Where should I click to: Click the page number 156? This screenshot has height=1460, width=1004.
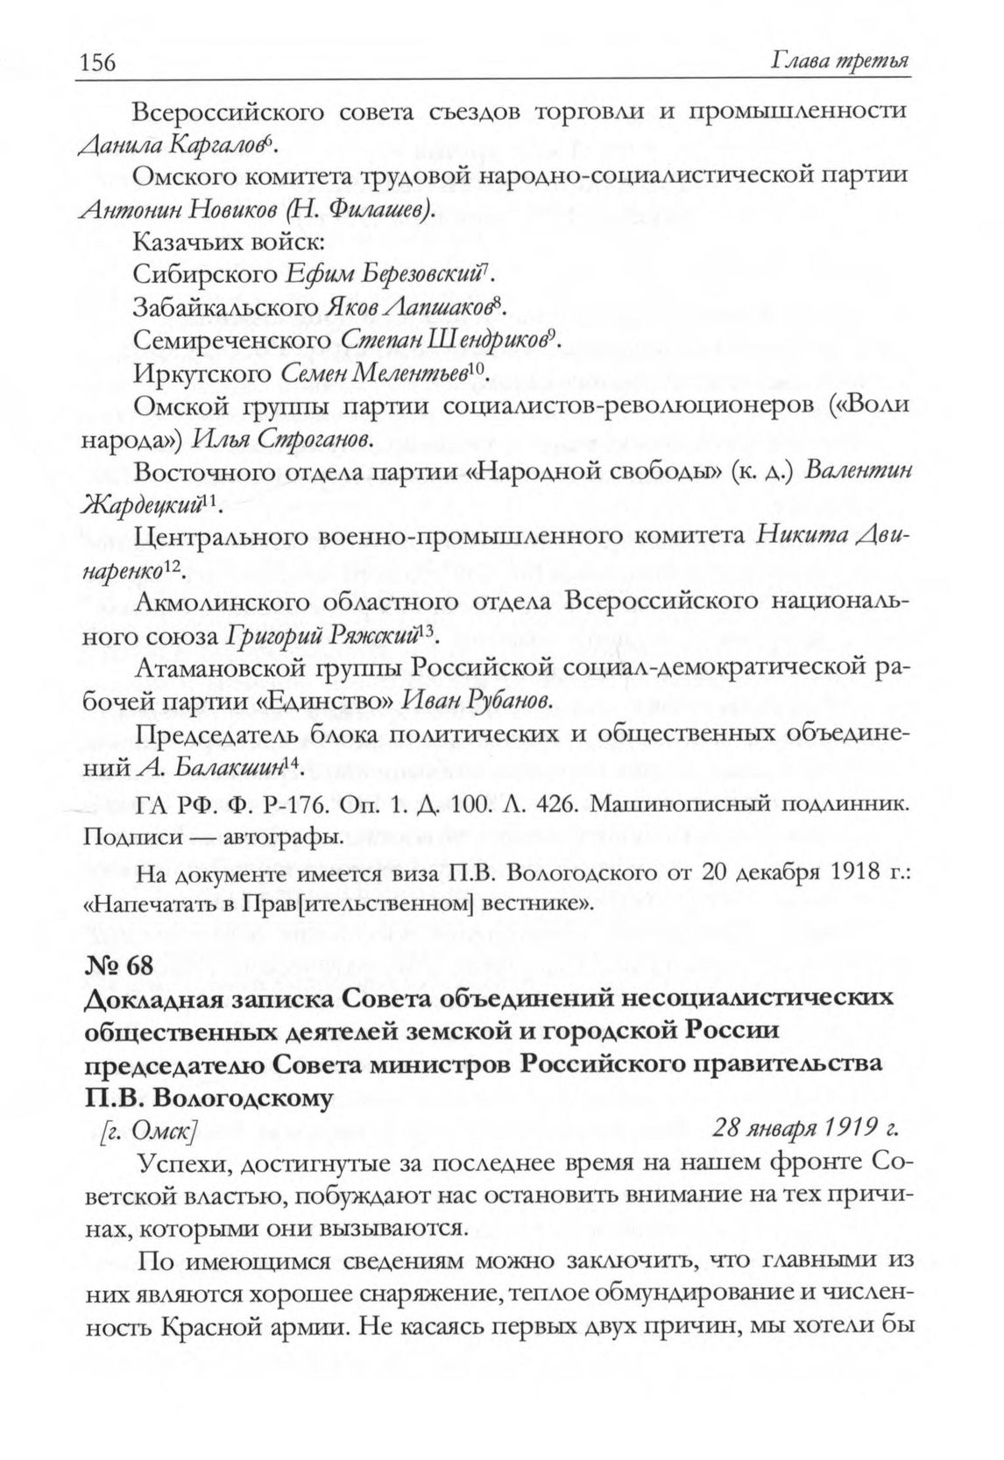tap(99, 63)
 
